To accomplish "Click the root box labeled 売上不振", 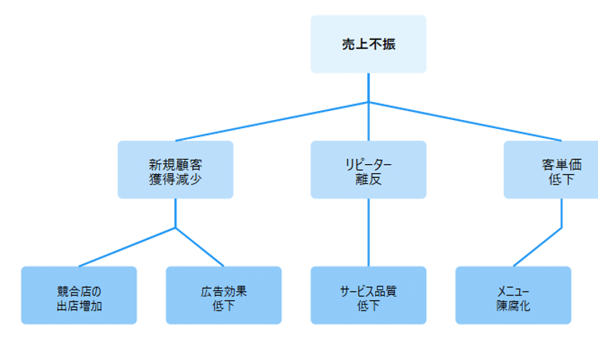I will click(368, 44).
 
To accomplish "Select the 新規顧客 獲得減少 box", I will click(175, 170).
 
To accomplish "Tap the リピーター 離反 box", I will click(368, 170).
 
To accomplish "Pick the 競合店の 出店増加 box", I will click(79, 295).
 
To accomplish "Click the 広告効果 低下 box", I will click(224, 295).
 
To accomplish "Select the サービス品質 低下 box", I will click(368, 295).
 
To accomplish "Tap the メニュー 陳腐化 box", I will click(513, 295).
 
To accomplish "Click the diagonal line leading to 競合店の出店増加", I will click(128, 247).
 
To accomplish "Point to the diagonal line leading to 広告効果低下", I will click(200, 247).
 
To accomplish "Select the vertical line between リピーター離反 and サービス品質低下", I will click(368, 232).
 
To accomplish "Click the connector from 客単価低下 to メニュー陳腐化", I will click(537, 247).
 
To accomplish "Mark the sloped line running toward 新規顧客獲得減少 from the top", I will click(272, 121).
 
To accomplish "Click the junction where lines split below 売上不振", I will click(368, 102).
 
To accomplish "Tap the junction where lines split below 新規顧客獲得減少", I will click(176, 227).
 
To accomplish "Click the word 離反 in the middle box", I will click(368, 179).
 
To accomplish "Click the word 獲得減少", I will click(175, 179).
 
